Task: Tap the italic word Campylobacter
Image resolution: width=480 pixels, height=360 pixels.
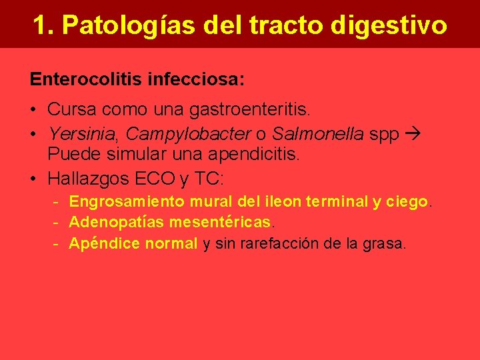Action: pyautogui.click(x=188, y=134)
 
